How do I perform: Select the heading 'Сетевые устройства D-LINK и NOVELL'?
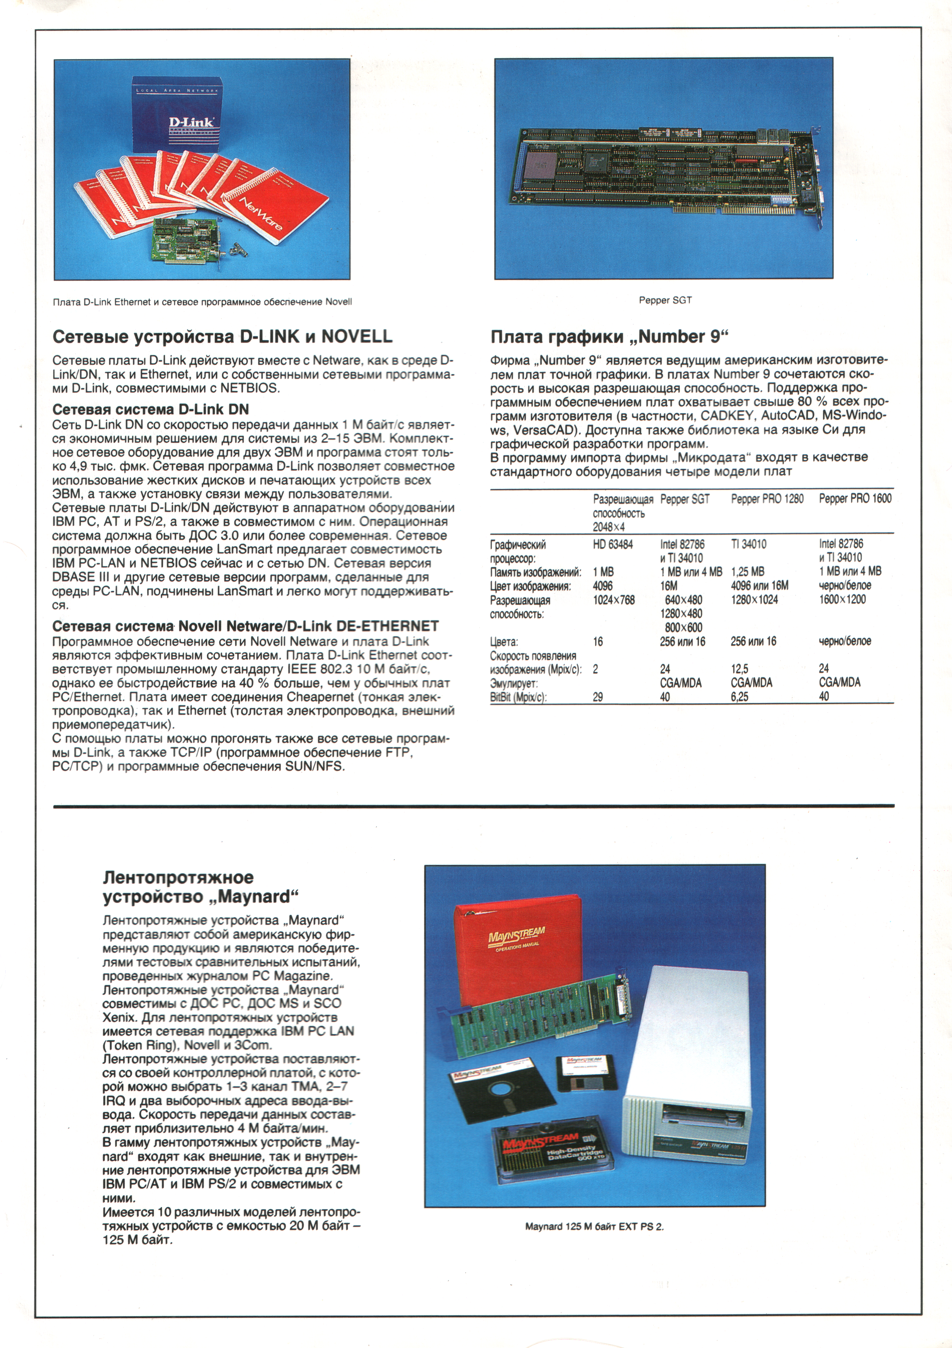point(223,337)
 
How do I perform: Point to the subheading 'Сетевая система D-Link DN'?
point(150,409)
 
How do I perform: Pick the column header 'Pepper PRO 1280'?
point(767,499)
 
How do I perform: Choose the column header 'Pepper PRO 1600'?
point(855,499)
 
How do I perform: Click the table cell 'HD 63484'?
point(613,544)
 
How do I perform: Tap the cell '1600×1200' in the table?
point(842,599)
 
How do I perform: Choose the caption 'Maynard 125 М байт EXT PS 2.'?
point(594,1227)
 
